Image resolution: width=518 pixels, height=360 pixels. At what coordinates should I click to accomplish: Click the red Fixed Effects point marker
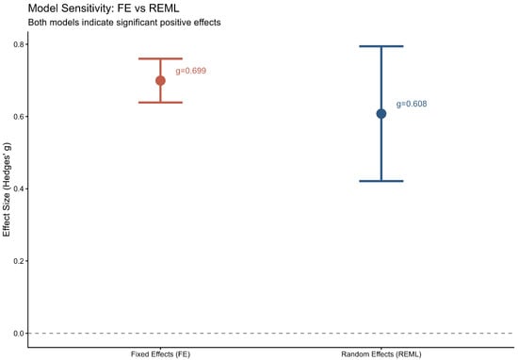pos(160,81)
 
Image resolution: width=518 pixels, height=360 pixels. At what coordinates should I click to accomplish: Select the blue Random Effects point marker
pos(381,114)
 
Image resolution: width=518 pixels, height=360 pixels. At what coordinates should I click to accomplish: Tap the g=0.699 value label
pos(191,71)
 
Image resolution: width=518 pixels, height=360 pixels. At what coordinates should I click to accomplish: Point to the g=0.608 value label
pos(412,104)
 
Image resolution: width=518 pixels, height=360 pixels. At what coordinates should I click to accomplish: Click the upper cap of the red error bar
pos(160,58)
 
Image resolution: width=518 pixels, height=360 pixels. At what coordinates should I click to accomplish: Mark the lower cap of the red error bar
pos(160,103)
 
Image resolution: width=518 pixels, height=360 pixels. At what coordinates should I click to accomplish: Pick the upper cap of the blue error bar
pos(381,46)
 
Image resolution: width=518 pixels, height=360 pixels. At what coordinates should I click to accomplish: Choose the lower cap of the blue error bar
pos(381,181)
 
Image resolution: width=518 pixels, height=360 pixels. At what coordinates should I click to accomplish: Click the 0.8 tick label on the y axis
pos(19,44)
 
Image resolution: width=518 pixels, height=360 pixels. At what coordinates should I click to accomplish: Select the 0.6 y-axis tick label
pos(19,117)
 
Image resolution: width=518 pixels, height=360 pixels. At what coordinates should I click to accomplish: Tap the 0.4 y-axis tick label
pos(19,188)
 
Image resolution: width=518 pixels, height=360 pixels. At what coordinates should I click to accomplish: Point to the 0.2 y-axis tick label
pos(19,261)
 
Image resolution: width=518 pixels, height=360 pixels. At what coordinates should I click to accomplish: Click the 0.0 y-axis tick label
pos(19,334)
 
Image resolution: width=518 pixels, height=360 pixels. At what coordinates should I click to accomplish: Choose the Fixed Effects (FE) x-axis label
pos(160,354)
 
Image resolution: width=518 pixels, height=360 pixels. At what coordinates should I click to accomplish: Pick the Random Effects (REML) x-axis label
pos(381,354)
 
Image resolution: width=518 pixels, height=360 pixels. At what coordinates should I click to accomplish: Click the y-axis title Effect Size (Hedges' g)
pos(7,189)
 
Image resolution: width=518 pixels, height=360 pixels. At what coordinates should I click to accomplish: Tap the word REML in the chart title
pos(164,8)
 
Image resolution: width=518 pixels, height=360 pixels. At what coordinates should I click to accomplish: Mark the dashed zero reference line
pos(271,334)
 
